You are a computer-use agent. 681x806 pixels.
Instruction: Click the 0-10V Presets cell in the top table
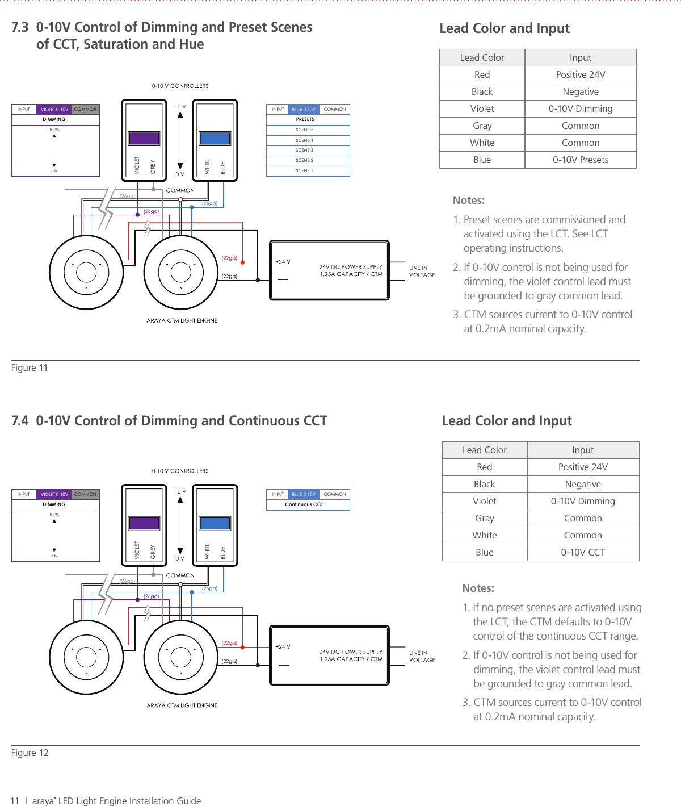(581, 160)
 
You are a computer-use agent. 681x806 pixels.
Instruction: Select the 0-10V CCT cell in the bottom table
(583, 552)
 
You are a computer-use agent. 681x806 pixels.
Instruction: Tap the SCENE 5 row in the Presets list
(305, 130)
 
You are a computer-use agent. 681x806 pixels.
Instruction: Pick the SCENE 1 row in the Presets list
(305, 170)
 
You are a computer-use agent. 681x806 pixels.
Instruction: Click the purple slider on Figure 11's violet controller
(144, 138)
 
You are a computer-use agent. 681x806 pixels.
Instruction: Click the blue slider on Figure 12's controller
(215, 523)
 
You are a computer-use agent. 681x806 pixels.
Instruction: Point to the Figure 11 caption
(30, 367)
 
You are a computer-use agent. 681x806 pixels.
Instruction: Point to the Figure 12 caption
(30, 753)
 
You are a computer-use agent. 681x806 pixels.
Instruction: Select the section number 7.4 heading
(20, 421)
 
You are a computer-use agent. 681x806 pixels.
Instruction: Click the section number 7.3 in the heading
(20, 27)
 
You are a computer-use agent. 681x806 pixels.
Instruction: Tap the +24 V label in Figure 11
(283, 262)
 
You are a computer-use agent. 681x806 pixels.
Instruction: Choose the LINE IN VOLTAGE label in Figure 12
(422, 657)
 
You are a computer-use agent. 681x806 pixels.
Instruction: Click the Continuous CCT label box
(304, 504)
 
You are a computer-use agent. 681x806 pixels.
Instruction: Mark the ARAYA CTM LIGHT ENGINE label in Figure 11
(182, 320)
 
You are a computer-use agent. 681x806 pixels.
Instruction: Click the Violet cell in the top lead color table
(482, 108)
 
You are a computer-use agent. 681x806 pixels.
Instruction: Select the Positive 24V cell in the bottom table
(583, 467)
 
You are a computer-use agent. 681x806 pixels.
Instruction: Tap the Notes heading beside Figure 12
(478, 588)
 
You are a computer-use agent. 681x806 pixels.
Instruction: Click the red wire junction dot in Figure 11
(243, 262)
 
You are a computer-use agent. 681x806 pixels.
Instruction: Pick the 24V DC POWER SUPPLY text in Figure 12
(351, 652)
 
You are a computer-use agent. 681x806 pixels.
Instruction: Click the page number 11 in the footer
(15, 801)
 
